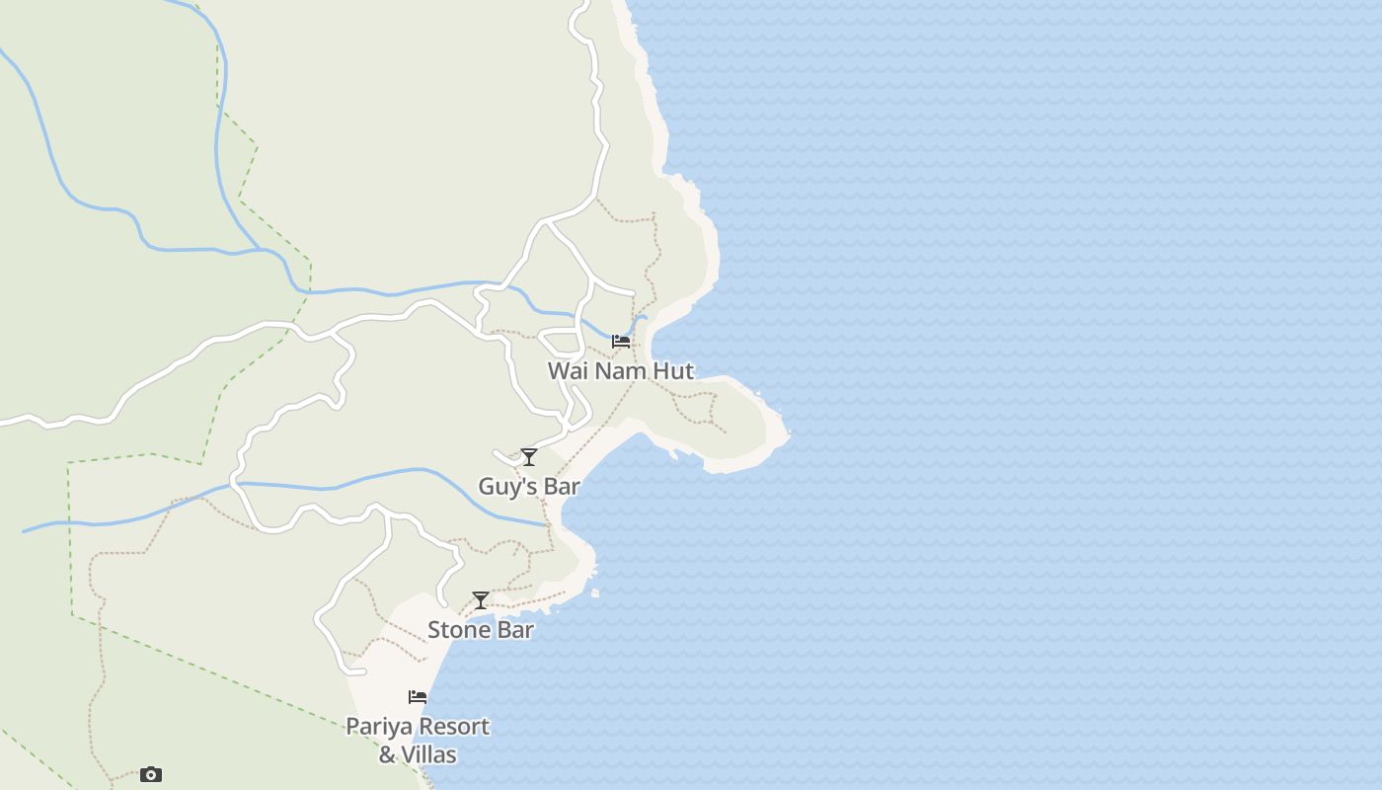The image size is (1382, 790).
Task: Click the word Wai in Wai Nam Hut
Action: point(568,371)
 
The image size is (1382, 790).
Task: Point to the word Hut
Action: point(673,371)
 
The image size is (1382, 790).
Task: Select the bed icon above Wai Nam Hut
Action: point(621,342)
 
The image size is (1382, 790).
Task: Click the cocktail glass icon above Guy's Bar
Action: point(529,456)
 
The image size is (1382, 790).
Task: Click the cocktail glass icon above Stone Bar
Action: point(481,600)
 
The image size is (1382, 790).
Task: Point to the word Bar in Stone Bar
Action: point(513,630)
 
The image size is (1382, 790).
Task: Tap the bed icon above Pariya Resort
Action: point(418,697)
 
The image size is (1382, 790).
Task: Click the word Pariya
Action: point(378,727)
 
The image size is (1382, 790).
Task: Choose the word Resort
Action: point(453,727)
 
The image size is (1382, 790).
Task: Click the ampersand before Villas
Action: point(388,755)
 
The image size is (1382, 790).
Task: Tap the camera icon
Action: point(150,774)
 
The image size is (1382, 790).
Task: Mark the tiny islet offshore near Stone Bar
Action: point(596,593)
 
